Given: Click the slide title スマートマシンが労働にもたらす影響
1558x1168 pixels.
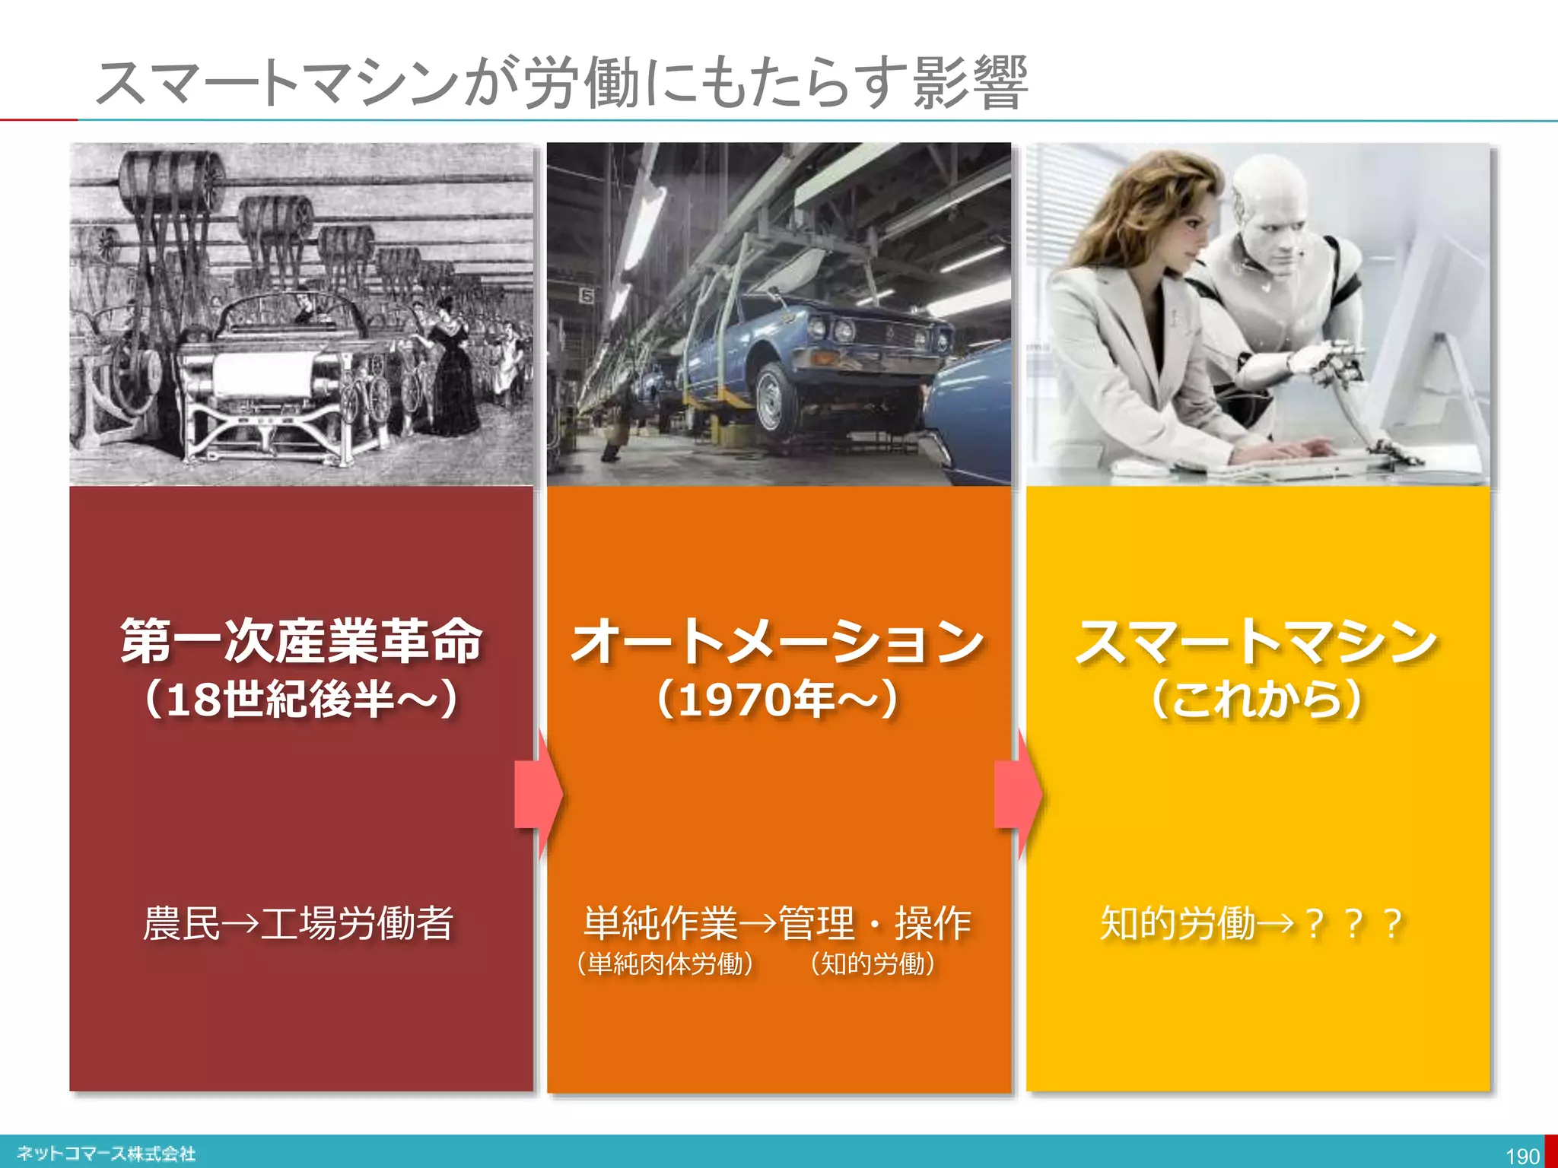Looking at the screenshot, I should [x=561, y=82].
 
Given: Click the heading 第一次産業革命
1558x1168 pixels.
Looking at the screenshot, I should [x=301, y=641].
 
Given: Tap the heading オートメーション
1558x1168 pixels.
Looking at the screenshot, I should [x=777, y=641].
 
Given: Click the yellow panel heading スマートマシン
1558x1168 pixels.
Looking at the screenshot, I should [x=1257, y=641].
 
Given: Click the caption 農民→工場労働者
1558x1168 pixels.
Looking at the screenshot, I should [x=298, y=923].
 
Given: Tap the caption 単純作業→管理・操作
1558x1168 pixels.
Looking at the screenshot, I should [x=777, y=923].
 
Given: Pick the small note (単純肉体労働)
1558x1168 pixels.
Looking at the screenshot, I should [x=665, y=964].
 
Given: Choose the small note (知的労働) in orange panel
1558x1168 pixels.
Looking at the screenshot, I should [x=873, y=964].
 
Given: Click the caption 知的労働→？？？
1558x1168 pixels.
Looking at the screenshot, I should [x=1251, y=923].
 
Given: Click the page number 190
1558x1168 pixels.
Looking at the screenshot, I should [x=1522, y=1156].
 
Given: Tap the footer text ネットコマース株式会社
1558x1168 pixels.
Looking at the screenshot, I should [x=107, y=1154].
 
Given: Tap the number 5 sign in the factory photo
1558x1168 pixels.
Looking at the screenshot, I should [x=587, y=295].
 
